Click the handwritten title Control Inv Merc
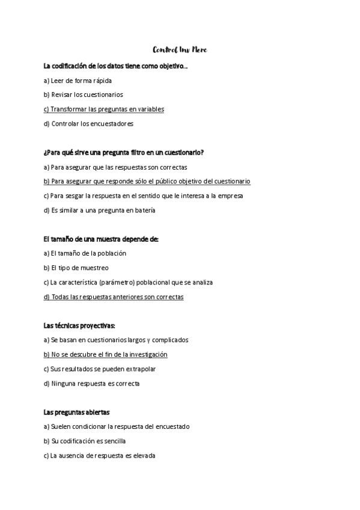tap(180, 49)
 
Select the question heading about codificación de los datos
tap(115, 66)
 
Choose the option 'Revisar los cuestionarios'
tap(84, 94)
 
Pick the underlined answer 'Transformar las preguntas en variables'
tap(104, 109)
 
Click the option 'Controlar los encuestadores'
tap(88, 124)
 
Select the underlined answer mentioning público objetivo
tap(147, 181)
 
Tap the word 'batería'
tap(144, 210)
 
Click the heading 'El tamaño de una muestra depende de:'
tap(101, 239)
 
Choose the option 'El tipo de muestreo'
tap(76, 268)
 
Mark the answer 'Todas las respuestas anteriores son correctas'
tap(114, 296)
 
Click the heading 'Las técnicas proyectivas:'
tap(79, 325)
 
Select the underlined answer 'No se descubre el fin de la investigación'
tap(106, 354)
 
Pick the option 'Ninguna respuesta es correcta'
tap(92, 383)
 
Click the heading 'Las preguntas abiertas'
tap(76, 412)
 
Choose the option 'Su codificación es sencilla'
tap(85, 441)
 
